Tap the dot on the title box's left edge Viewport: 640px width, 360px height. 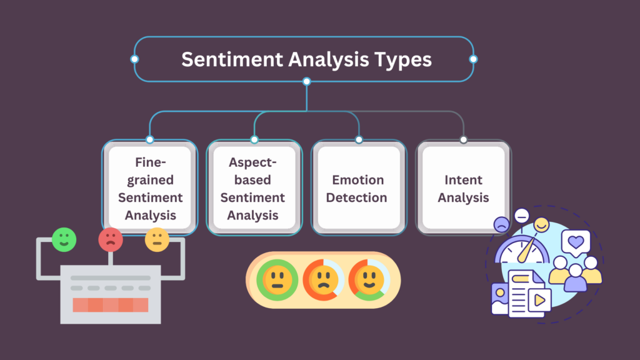pyautogui.click(x=134, y=59)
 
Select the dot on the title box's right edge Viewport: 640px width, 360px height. pyautogui.click(x=473, y=59)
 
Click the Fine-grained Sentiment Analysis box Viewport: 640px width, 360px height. pyautogui.click(x=149, y=187)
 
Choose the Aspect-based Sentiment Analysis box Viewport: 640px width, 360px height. pyautogui.click(x=254, y=187)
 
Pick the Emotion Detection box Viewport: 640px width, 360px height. pyautogui.click(x=359, y=187)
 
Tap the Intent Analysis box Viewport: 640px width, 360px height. pyautogui.click(x=463, y=187)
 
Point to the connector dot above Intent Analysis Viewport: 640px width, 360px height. pyautogui.click(x=463, y=139)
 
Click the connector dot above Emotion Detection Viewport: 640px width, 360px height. pyautogui.click(x=359, y=139)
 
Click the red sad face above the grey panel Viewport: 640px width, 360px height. pyautogui.click(x=111, y=239)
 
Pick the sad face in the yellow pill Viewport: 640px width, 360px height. pyautogui.click(x=322, y=280)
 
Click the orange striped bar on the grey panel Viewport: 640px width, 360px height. pyautogui.click(x=111, y=305)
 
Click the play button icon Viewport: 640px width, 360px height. pyautogui.click(x=539, y=301)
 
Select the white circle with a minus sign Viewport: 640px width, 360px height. pyautogui.click(x=521, y=217)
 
